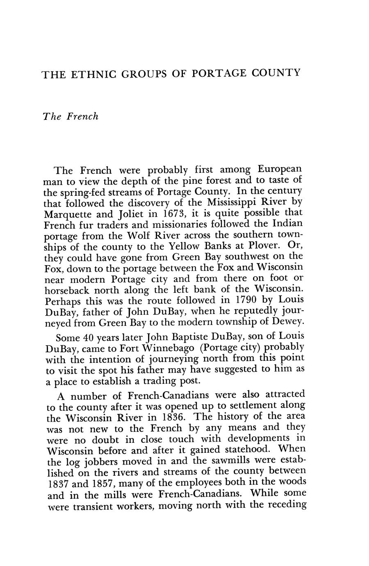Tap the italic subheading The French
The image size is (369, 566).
pyautogui.click(x=71, y=117)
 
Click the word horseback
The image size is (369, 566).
pyautogui.click(x=67, y=290)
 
